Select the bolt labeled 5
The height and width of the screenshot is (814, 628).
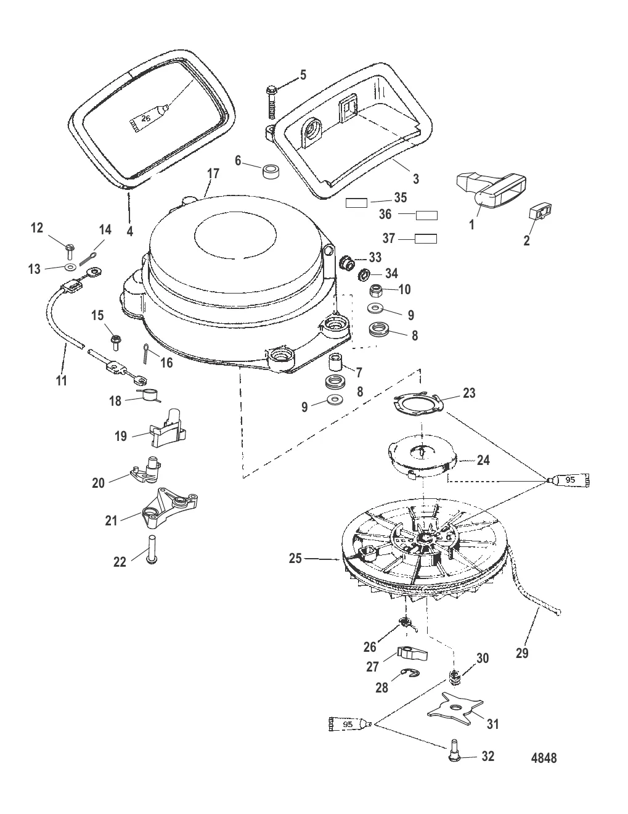click(x=271, y=98)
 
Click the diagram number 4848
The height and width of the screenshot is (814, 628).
click(x=543, y=757)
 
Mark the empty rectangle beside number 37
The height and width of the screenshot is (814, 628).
click(x=425, y=239)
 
